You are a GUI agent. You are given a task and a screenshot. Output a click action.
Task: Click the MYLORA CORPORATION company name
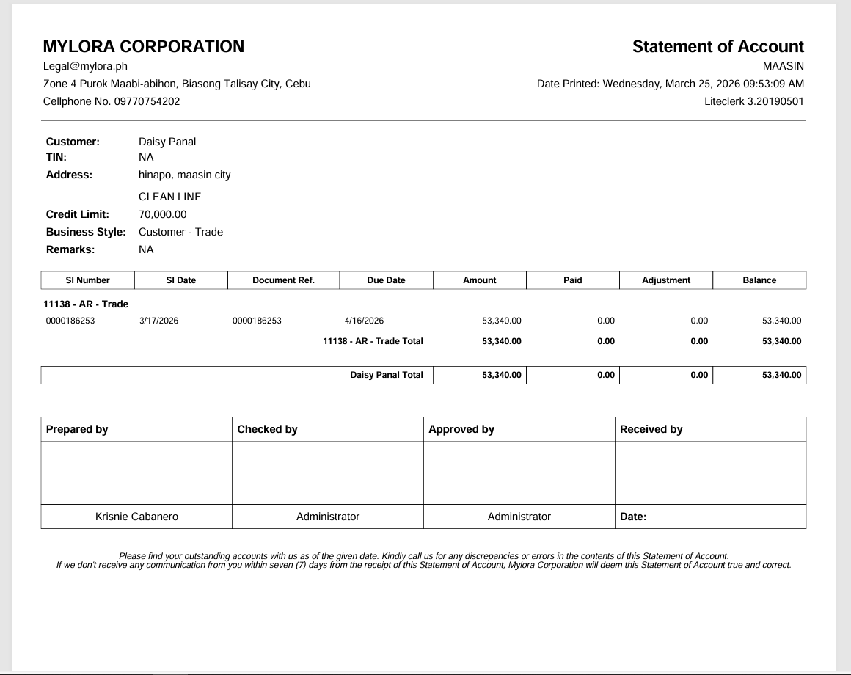click(x=144, y=46)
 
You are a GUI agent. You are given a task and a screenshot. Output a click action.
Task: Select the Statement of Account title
click(x=717, y=46)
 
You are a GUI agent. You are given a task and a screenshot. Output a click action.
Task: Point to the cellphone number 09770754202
click(x=147, y=101)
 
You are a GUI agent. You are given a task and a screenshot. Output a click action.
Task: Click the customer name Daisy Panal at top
click(x=167, y=142)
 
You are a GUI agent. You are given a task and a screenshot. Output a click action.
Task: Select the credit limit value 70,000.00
click(x=163, y=214)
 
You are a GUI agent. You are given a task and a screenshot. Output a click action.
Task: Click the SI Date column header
click(x=181, y=280)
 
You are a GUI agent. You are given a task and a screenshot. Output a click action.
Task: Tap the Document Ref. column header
click(x=283, y=280)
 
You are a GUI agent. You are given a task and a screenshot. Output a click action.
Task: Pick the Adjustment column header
click(x=666, y=280)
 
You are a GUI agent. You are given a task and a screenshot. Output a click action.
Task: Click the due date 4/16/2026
click(x=364, y=321)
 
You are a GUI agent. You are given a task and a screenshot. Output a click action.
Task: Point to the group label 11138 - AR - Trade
click(x=86, y=304)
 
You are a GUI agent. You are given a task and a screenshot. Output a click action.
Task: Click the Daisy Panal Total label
click(x=387, y=375)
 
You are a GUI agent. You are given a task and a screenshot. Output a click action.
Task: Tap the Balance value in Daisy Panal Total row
click(x=782, y=375)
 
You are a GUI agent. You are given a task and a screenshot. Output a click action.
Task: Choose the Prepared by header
click(x=77, y=429)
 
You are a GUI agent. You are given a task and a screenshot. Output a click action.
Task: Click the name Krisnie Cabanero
click(x=136, y=517)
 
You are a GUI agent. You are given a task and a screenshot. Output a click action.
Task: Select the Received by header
click(x=651, y=429)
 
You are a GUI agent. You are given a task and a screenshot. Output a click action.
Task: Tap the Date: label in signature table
click(x=633, y=517)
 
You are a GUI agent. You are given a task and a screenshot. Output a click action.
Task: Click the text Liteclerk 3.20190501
click(x=753, y=101)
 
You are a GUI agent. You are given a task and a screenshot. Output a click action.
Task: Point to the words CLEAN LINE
click(x=169, y=197)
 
